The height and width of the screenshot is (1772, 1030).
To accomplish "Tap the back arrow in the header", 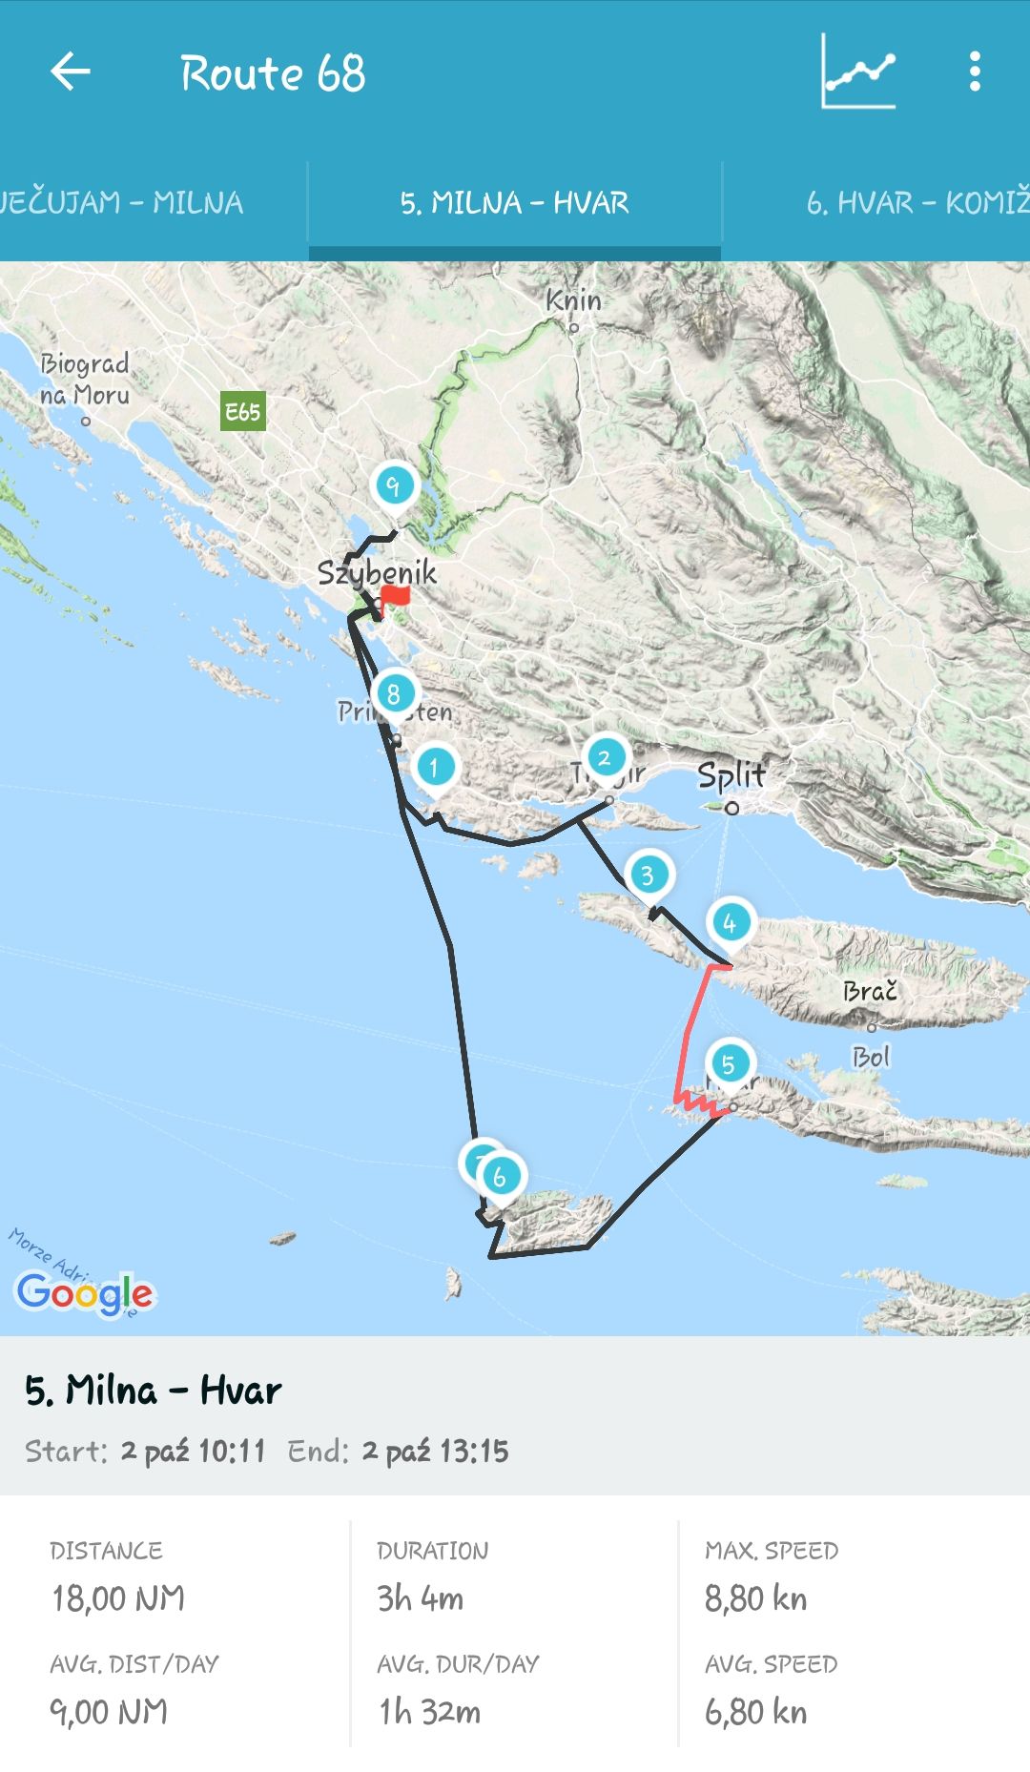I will tap(71, 72).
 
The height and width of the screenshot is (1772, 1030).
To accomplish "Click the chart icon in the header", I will tap(858, 72).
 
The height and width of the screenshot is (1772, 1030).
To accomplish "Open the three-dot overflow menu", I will tap(974, 72).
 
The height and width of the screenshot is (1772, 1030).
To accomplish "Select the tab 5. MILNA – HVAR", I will tap(514, 203).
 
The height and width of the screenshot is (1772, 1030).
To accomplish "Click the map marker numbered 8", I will tap(394, 694).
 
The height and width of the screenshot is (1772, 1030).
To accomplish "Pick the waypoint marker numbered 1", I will tap(435, 766).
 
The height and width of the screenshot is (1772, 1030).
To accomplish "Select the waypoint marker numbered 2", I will tap(605, 758).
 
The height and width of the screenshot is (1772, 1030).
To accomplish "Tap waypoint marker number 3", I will tap(649, 875).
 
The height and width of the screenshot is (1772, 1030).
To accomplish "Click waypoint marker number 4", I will tap(730, 922).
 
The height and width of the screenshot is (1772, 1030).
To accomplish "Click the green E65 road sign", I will tap(242, 412).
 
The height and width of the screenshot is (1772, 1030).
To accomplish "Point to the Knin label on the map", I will tap(573, 300).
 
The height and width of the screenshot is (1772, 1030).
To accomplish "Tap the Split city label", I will tap(731, 775).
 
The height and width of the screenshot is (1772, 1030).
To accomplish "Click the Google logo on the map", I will tap(84, 1293).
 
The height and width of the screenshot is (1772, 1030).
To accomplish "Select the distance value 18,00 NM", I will tap(118, 1598).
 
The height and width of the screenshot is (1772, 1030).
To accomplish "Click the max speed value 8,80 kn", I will tap(755, 1598).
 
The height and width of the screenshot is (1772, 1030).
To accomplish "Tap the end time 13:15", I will tap(474, 1452).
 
